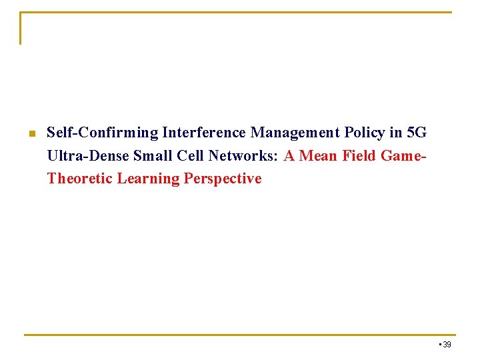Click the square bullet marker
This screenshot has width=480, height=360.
click(31, 134)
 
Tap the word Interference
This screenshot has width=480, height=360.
click(205, 133)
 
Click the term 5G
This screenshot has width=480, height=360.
click(417, 133)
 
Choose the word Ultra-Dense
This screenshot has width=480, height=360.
click(88, 155)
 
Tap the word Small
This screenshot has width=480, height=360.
click(151, 155)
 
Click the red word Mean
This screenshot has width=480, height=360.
click(319, 155)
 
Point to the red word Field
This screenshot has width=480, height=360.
click(360, 155)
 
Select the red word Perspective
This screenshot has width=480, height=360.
click(223, 178)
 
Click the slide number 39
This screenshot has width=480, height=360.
click(447, 344)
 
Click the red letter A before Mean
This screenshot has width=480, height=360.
click(289, 155)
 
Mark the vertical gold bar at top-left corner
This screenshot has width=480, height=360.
click(21, 28)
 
